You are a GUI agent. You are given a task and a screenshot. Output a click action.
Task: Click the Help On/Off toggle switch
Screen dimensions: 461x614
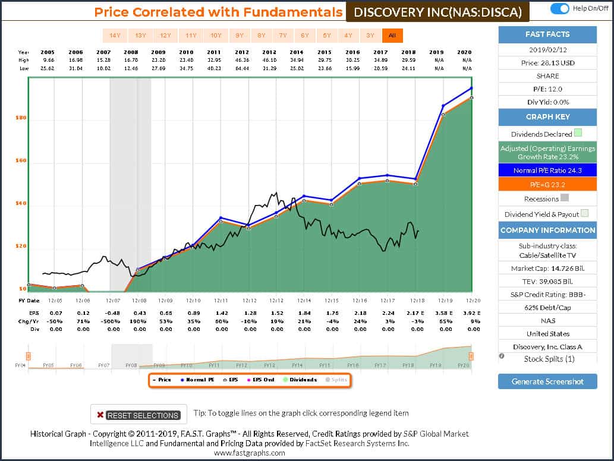[560, 8]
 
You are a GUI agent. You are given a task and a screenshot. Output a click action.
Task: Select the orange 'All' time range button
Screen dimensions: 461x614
[392, 36]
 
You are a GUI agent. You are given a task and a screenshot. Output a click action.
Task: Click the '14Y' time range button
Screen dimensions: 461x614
[115, 36]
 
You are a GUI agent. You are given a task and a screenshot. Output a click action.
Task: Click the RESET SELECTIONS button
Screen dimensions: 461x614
[138, 415]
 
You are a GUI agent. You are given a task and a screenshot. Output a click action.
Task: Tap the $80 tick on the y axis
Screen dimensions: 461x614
[21, 118]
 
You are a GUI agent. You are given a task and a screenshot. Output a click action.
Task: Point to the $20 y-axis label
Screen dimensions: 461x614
[21, 246]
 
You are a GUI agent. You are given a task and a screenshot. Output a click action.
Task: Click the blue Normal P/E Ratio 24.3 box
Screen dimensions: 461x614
[547, 171]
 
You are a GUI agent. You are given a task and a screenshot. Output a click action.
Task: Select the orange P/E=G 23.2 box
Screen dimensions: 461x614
[547, 185]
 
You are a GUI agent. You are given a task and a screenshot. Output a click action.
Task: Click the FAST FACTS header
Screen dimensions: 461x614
[547, 35]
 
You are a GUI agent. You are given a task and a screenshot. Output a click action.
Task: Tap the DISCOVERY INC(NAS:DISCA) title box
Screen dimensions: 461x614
[437, 12]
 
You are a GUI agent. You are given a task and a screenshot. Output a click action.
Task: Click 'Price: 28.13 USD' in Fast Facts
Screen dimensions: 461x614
[547, 62]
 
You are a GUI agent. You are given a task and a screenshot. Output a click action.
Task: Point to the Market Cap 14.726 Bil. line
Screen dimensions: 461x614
[547, 269]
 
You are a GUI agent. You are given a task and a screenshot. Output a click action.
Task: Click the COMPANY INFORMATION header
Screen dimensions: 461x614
[547, 230]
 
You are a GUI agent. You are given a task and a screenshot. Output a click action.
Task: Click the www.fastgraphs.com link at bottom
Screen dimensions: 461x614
[250, 453]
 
